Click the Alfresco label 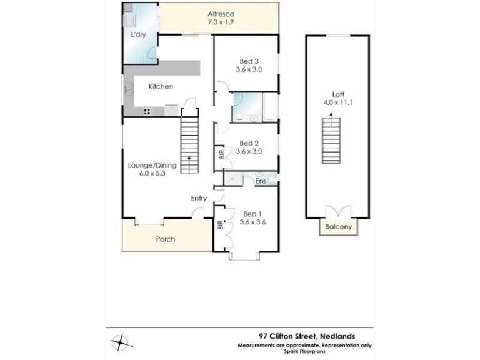click(x=221, y=14)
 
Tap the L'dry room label click(x=138, y=34)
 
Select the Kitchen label click(x=161, y=87)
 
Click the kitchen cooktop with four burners click(x=147, y=112)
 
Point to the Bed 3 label click(x=249, y=61)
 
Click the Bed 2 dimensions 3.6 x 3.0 click(x=249, y=151)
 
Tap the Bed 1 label click(x=252, y=214)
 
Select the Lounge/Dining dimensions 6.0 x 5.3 click(x=152, y=173)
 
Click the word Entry click(x=199, y=199)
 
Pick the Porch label click(x=166, y=239)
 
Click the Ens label click(x=261, y=181)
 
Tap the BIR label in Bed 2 click(x=222, y=154)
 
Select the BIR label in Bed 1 click(x=221, y=225)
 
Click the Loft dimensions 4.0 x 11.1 click(x=338, y=102)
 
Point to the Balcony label click(x=338, y=227)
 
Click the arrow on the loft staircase click(x=331, y=119)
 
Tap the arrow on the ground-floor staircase click(x=189, y=165)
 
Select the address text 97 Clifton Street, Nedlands click(x=307, y=336)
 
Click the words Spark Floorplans click(x=305, y=351)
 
